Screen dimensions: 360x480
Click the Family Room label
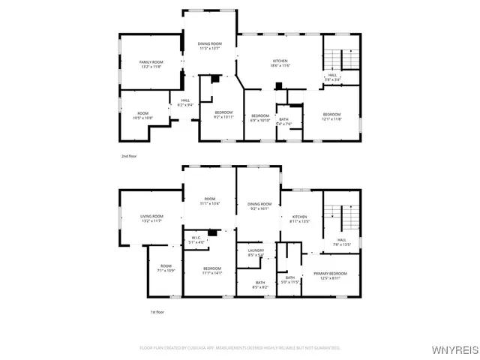coord(151,64)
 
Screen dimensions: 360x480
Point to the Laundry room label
coord(256,253)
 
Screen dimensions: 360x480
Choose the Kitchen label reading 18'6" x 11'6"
coord(280,64)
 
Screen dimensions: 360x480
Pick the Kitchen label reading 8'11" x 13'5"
coord(299,219)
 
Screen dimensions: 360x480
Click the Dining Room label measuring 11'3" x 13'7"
coord(209,46)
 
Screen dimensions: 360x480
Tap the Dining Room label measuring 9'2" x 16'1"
coord(259,206)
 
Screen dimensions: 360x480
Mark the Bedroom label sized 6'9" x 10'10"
coord(259,117)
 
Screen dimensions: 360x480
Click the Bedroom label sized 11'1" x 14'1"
coord(212,271)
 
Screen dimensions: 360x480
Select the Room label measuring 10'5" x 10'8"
coord(142,115)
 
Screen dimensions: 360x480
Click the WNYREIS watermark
coord(453,349)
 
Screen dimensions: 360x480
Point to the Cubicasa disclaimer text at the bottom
coord(240,348)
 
